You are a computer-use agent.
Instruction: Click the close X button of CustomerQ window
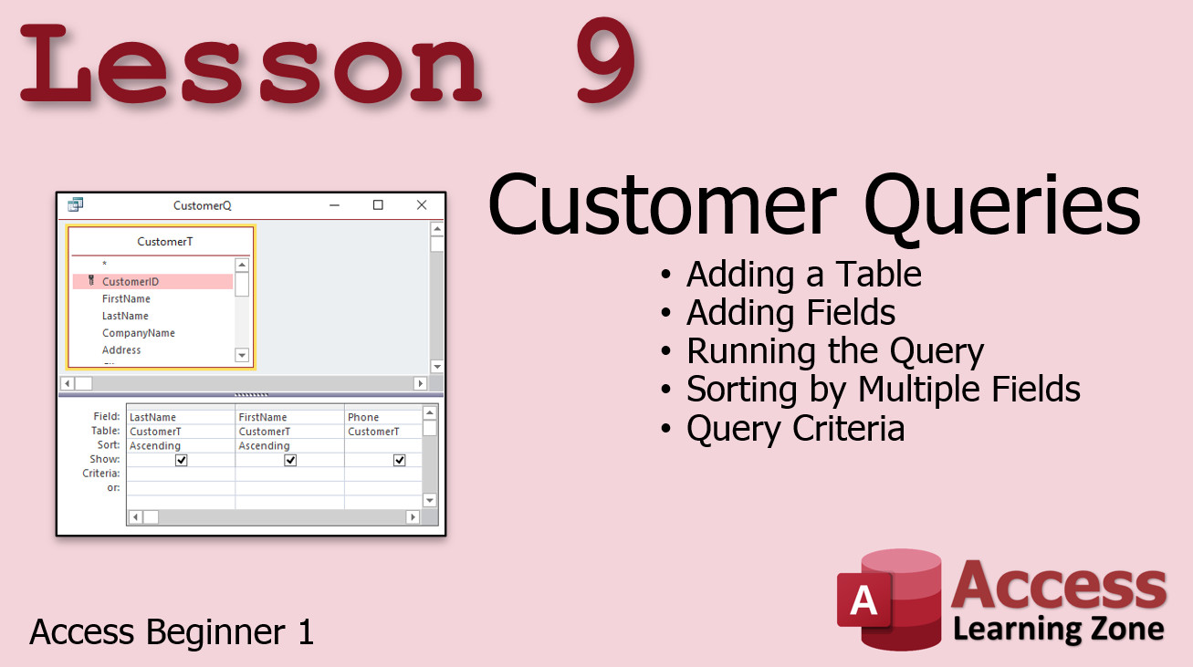point(422,205)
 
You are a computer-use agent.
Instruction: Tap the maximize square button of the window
point(378,205)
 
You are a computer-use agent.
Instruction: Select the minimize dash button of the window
point(334,205)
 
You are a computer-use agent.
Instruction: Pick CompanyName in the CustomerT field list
point(139,333)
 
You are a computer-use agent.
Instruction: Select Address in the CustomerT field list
point(121,349)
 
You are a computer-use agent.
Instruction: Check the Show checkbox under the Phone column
point(399,460)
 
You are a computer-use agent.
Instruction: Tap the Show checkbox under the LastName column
point(181,460)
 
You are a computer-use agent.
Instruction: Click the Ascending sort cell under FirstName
point(264,445)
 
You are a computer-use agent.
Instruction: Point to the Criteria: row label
point(100,474)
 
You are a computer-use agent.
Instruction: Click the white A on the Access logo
point(863,599)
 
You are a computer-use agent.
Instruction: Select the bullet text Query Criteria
point(795,429)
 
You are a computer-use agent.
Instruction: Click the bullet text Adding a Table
point(803,274)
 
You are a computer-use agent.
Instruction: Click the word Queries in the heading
point(1002,206)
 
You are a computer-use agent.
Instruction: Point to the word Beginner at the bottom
point(215,633)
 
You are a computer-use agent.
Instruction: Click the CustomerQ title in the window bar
point(203,205)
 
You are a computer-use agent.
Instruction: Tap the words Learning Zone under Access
point(1059,630)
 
